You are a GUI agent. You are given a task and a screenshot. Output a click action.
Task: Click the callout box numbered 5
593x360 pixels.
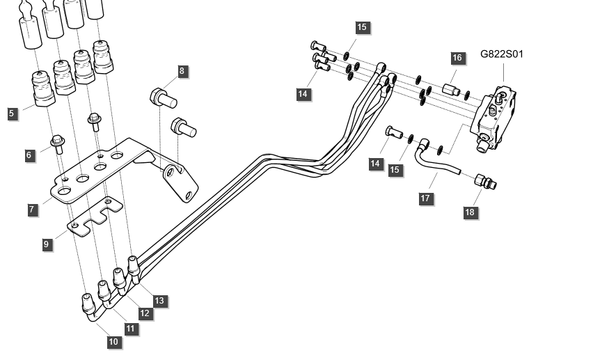[x=11, y=112]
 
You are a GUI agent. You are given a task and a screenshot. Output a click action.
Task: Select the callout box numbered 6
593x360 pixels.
[x=29, y=155]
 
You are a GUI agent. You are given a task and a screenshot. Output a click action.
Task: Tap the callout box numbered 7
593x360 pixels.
[x=32, y=209]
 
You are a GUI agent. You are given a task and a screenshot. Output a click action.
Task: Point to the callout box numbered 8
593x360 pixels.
[x=182, y=70]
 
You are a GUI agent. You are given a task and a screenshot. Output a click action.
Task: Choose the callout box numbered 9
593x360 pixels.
[x=47, y=244]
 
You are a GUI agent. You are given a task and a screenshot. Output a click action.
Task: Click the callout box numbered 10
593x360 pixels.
[x=113, y=341]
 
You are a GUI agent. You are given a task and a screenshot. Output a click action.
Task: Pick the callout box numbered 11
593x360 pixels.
[x=130, y=327]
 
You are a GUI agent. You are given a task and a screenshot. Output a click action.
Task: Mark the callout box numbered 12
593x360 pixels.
[x=145, y=313]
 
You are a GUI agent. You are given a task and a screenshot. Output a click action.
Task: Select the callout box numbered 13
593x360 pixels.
[x=159, y=301]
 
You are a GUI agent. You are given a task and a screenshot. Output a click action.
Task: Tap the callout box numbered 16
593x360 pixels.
[x=457, y=58]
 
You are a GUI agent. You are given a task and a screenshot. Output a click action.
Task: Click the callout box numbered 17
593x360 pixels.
[x=426, y=198]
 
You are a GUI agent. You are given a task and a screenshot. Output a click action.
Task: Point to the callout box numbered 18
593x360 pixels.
[x=471, y=212]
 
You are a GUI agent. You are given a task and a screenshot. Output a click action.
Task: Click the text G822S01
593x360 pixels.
[x=502, y=53]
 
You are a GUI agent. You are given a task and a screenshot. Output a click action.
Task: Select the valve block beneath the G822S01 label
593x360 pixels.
[x=498, y=116]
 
